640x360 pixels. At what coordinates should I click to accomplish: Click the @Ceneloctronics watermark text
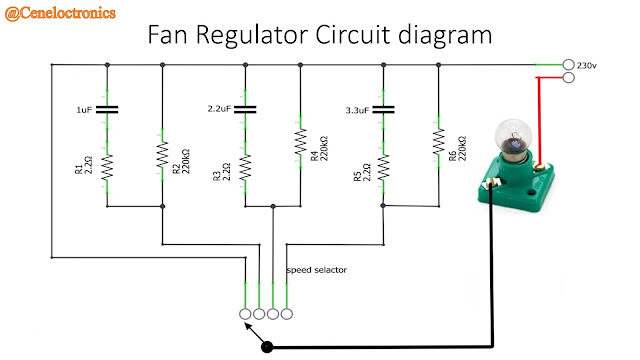[x=60, y=13]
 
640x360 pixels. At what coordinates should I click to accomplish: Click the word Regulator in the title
[x=265, y=37]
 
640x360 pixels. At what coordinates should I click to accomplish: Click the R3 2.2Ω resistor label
[x=220, y=166]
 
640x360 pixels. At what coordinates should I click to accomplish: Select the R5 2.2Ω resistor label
[x=359, y=166]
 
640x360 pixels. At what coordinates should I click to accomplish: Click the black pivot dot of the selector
[x=267, y=347]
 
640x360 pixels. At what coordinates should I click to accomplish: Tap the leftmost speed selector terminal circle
[x=246, y=313]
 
